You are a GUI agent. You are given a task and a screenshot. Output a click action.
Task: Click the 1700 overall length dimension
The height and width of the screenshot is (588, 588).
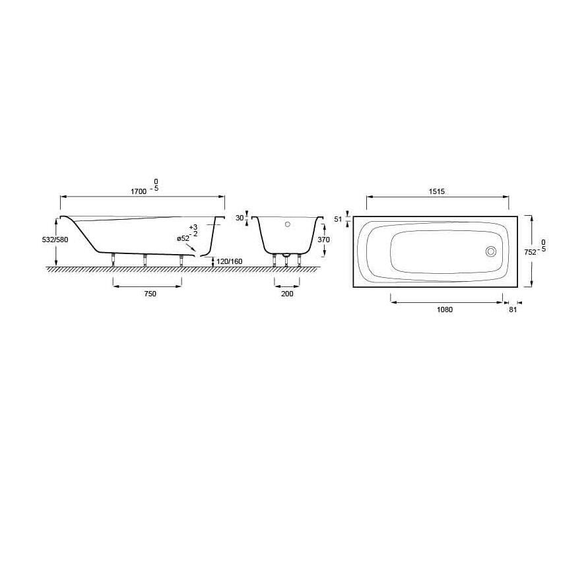point(138,191)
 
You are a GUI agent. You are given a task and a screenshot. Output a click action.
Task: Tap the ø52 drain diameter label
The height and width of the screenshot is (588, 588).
point(183,239)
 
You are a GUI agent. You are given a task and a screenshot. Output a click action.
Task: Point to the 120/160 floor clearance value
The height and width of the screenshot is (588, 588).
point(228,261)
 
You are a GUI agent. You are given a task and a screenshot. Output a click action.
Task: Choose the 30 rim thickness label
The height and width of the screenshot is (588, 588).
point(240,218)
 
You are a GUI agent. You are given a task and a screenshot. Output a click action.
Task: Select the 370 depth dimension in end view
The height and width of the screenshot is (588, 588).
point(323,240)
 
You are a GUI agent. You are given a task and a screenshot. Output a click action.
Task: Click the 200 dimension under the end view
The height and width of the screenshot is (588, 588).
point(286,294)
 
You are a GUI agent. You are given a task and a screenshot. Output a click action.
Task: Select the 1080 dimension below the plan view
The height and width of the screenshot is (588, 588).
point(445,309)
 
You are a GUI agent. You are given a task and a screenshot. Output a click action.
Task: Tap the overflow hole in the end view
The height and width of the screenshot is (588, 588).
point(287,224)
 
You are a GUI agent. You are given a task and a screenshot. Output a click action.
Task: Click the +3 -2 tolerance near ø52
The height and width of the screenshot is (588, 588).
point(193,230)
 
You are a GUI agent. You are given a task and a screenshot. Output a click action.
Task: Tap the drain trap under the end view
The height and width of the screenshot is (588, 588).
point(286,254)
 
